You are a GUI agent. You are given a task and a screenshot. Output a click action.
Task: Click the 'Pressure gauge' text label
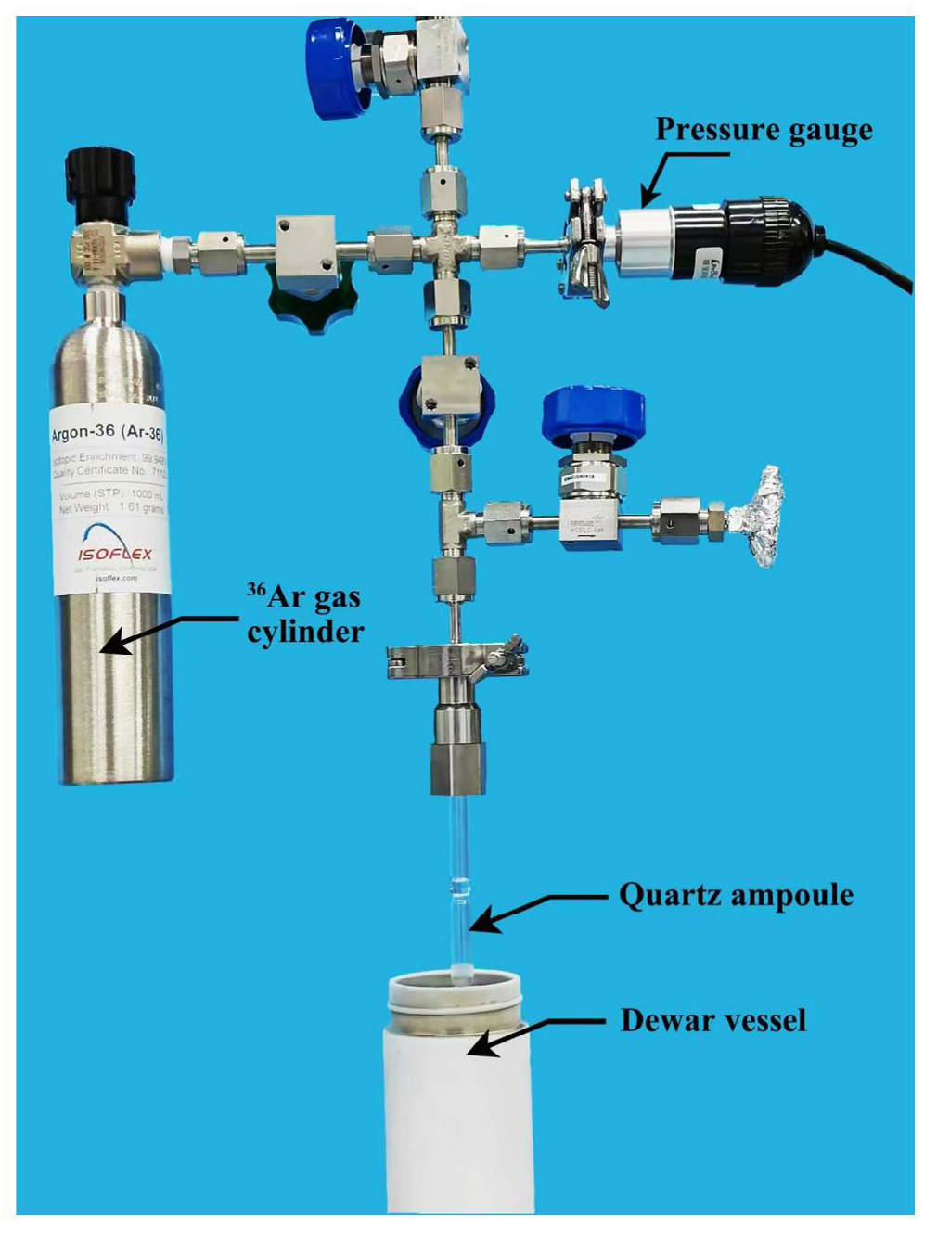pyautogui.click(x=764, y=130)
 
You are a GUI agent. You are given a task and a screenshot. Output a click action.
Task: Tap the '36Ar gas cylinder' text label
pyautogui.click(x=305, y=613)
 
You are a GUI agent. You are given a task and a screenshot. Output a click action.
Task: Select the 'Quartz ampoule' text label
pyautogui.click(x=736, y=896)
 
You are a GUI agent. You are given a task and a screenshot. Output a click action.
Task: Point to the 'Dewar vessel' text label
pyautogui.click(x=712, y=1020)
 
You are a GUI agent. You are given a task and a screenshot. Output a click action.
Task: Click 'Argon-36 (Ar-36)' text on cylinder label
pyautogui.click(x=108, y=432)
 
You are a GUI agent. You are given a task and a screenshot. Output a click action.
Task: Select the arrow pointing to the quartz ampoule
pyautogui.click(x=538, y=909)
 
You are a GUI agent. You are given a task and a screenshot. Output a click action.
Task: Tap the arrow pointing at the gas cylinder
pyautogui.click(x=167, y=631)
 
